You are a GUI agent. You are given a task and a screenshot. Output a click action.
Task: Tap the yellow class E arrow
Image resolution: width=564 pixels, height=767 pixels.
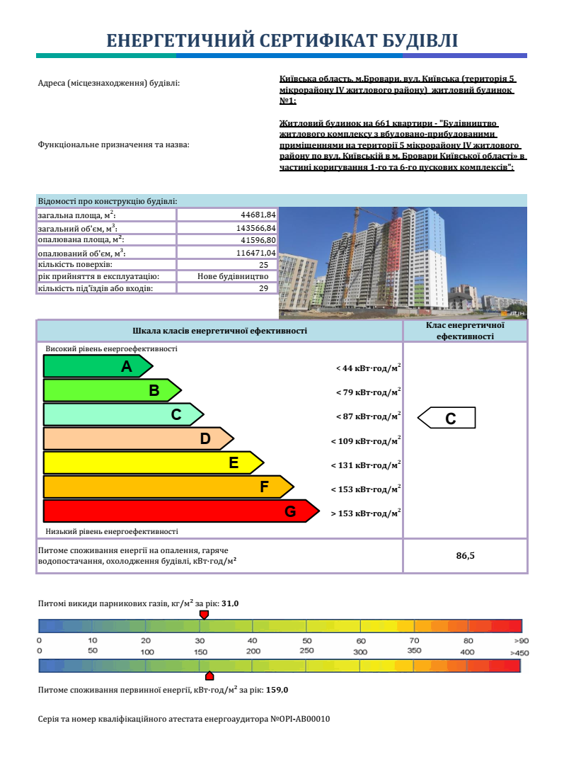(153, 463)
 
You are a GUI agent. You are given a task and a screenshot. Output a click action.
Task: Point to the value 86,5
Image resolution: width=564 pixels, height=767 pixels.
(465, 556)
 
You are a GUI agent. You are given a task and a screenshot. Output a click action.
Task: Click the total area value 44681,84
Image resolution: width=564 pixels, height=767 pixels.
(258, 215)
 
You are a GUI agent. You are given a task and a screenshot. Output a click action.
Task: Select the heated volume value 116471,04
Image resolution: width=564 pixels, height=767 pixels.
(255, 253)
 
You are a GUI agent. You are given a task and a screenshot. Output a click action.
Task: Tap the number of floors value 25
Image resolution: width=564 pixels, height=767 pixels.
(263, 265)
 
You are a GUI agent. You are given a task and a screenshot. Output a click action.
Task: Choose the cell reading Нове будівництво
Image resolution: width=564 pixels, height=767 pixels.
(232, 276)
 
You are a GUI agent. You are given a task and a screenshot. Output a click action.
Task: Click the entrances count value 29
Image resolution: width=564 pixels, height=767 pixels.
(263, 288)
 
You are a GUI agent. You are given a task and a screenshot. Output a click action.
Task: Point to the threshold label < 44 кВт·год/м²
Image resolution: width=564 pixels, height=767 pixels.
(368, 368)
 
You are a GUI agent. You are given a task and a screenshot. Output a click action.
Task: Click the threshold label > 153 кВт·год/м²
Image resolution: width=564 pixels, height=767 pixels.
(366, 513)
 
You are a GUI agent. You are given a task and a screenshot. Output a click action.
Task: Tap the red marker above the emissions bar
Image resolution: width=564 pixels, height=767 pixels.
(204, 614)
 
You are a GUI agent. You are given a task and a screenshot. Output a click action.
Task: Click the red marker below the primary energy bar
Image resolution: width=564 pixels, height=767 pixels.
(209, 676)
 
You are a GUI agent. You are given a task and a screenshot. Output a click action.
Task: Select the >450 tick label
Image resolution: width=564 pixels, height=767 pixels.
(518, 652)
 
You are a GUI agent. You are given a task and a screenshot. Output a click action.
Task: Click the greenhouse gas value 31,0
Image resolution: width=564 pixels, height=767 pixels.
(230, 603)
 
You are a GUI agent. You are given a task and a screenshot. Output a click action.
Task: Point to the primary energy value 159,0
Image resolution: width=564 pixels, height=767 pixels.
(277, 690)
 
